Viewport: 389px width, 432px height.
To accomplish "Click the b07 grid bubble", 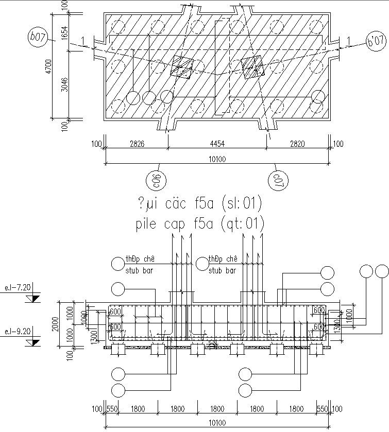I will (x=37, y=38).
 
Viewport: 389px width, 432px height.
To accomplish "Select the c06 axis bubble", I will (x=155, y=181).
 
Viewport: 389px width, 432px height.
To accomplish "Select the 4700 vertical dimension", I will (x=48, y=67).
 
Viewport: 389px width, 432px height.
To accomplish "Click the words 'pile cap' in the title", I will (x=156, y=224).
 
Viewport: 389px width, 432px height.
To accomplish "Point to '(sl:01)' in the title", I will (x=241, y=204).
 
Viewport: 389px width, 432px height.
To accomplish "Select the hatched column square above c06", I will (x=182, y=66).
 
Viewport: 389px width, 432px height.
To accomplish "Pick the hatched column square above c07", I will (x=252, y=67).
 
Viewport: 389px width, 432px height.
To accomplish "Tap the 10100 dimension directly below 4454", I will (x=217, y=159).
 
